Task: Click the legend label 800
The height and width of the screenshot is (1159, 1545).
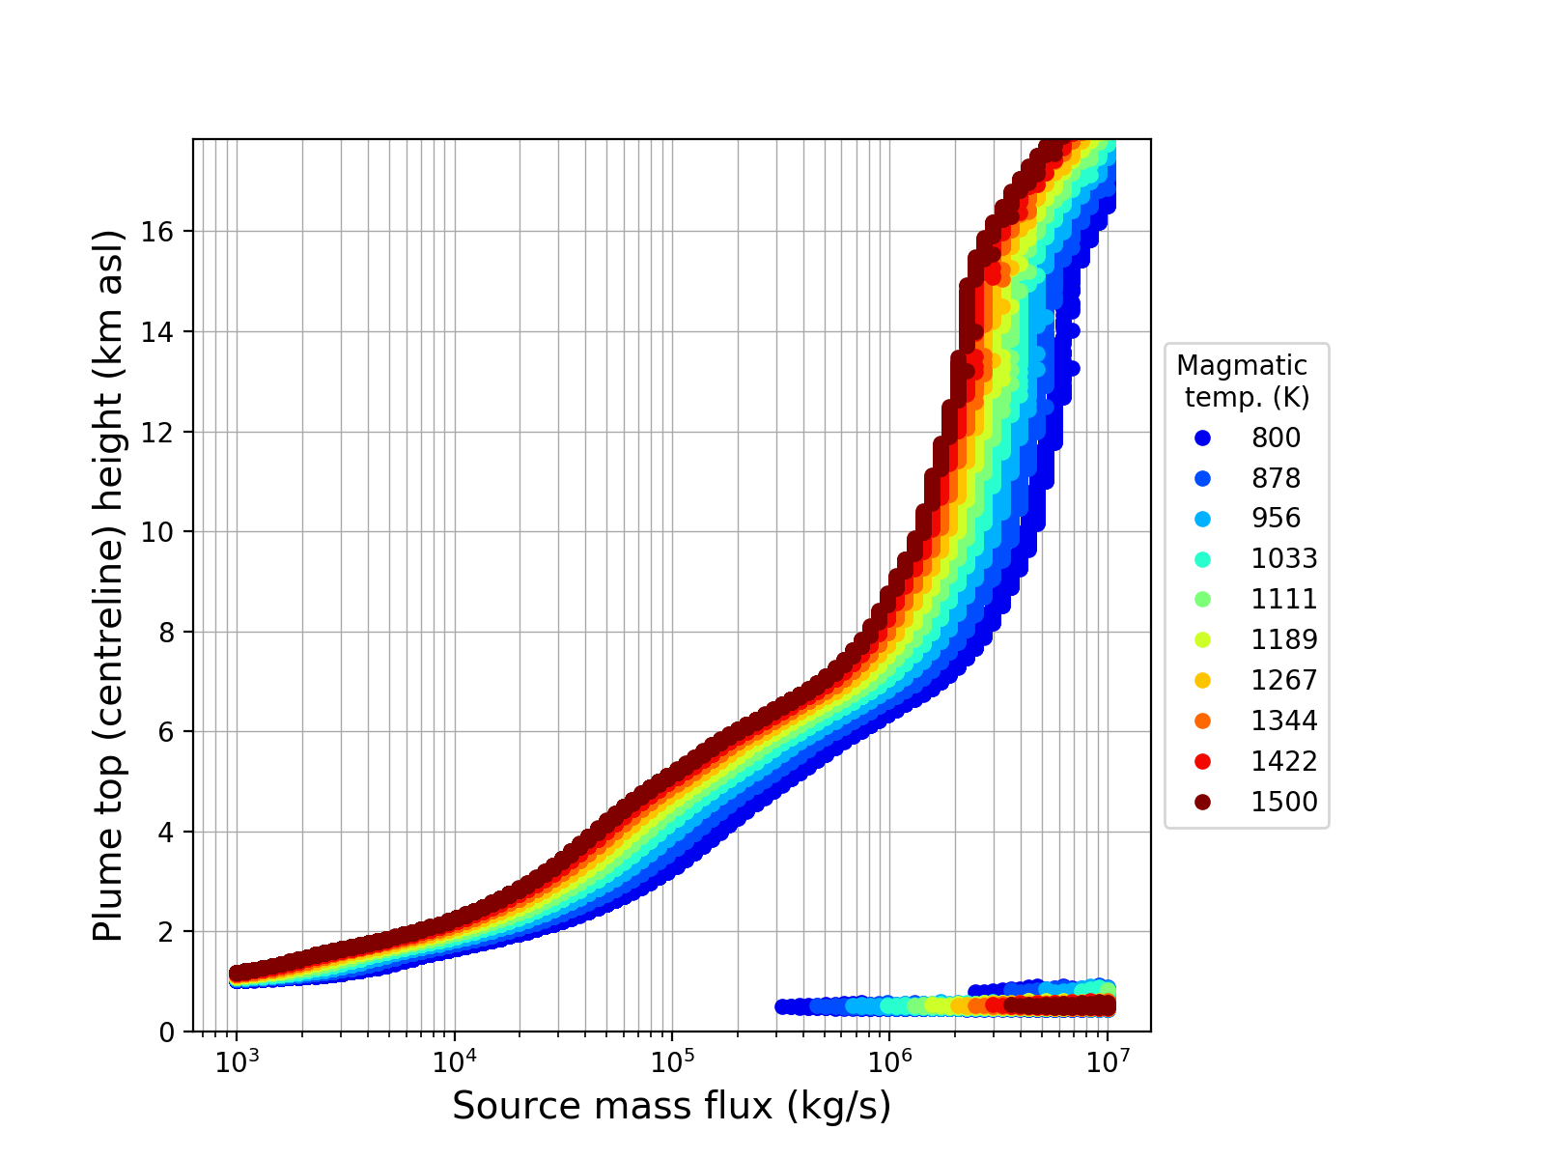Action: point(1276,438)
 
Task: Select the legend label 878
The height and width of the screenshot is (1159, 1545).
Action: point(1276,479)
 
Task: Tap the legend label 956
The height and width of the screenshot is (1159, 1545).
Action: point(1276,519)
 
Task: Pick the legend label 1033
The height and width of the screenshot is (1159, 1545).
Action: point(1284,559)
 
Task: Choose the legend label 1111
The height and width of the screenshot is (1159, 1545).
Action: point(1284,600)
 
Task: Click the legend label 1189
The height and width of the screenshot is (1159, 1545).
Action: point(1284,640)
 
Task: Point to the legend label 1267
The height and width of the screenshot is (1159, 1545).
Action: point(1284,681)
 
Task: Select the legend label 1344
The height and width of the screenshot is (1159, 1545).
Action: point(1284,721)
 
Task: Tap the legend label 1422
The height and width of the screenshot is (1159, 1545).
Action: point(1284,762)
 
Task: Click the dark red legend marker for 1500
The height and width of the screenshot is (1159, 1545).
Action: point(1202,803)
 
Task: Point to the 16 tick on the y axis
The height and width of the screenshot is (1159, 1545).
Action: point(164,232)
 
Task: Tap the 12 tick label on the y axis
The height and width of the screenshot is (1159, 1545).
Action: point(164,432)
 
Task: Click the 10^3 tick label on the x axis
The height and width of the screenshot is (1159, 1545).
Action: point(237,1060)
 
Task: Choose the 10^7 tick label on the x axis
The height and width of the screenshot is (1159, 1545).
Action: point(1108,1060)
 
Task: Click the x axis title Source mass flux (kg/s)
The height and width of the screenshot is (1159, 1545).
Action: point(671,1107)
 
